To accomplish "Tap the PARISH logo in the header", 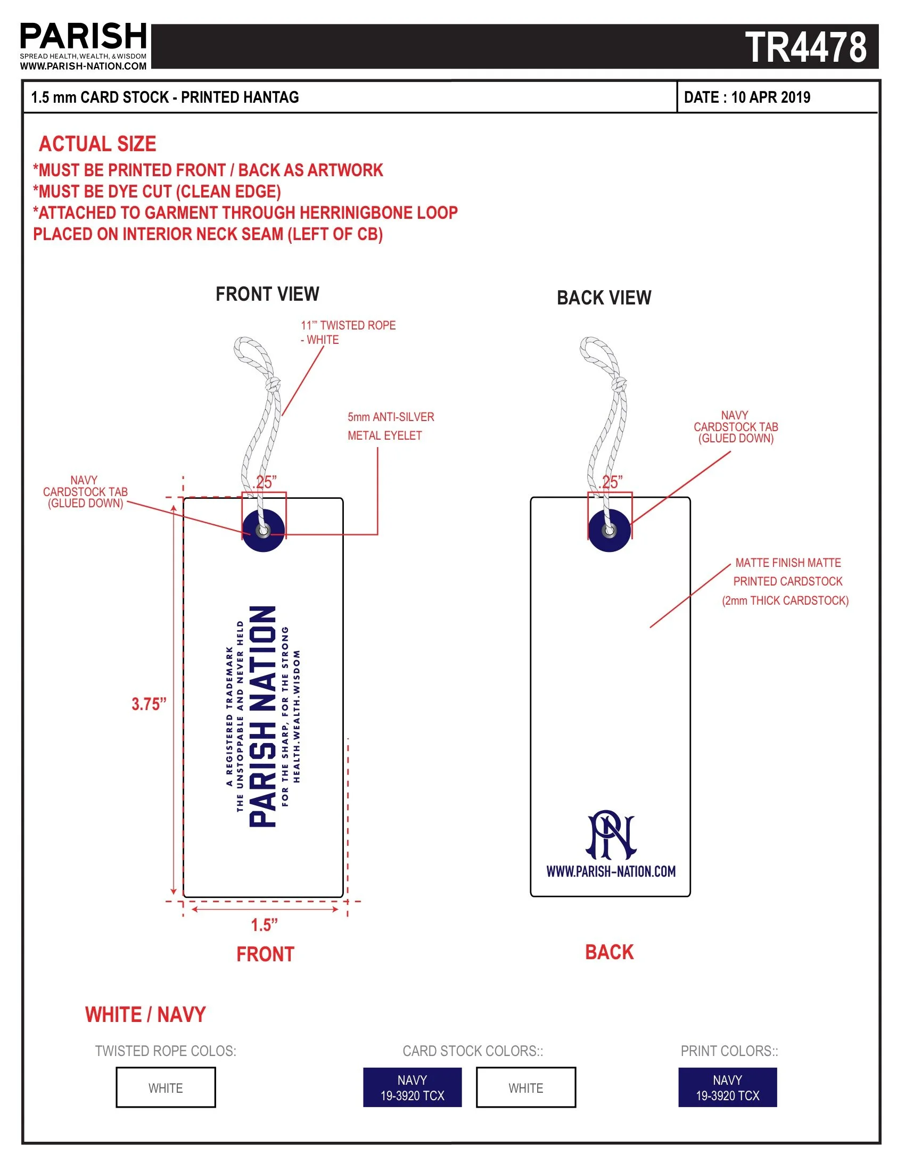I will coord(84,36).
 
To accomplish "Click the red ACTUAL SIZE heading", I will coord(97,144).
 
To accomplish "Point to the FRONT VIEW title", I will coord(267,294).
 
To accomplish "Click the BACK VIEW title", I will coord(604,298).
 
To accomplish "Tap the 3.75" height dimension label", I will coord(149,704).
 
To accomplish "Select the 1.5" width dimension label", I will coord(265,925).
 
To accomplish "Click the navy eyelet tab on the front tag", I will coord(263,531).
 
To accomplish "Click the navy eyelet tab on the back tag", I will coord(609,531).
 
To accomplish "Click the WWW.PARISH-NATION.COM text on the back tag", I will coord(611,871).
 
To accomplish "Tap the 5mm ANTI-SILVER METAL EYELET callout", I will coord(390,426).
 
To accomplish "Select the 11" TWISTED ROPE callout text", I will coord(348,333).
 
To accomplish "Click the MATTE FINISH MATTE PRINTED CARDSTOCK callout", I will coord(787,582).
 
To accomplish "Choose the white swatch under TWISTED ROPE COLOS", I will coord(166,1087).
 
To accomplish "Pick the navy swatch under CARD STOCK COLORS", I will coord(412,1087).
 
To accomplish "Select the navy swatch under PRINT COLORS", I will coord(727,1087).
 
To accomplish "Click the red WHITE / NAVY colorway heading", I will coord(145,1015).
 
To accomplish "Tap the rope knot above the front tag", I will coord(274,384).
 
